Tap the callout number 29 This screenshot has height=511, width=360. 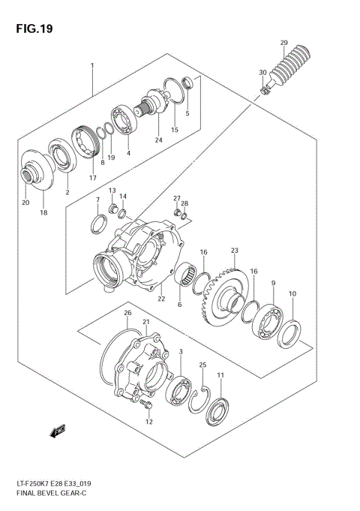point(283,42)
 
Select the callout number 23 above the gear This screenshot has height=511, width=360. point(234,250)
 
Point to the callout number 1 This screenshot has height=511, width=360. point(92,66)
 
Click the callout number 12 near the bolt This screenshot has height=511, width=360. point(148,422)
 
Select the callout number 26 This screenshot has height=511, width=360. point(127,313)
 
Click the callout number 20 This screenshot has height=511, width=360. point(25,203)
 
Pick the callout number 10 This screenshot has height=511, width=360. point(292,293)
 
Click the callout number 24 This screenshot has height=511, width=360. point(158,140)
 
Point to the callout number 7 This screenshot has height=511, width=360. point(97,200)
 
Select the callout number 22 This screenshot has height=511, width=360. point(160,299)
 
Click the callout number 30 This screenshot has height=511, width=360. point(262,73)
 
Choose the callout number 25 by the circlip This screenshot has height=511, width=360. point(202,365)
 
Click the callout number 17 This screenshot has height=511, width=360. point(93,178)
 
